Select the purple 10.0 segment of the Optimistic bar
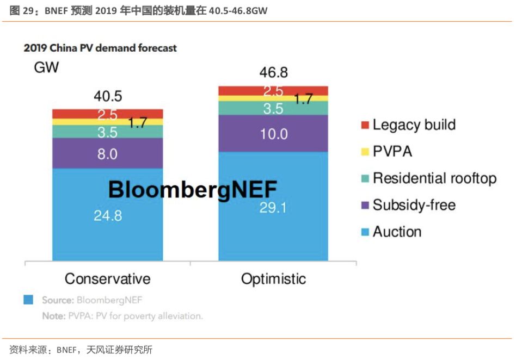tap(273, 133)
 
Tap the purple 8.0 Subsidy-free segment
tap(107, 153)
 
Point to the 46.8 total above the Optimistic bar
tap(273, 73)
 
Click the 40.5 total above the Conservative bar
tap(107, 97)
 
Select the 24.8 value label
tap(107, 215)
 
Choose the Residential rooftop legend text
tap(434, 178)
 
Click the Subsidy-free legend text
tap(414, 205)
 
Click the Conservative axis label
tap(107, 279)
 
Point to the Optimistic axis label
tap(273, 279)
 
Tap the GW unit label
tap(46, 68)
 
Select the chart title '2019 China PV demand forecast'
tap(100, 48)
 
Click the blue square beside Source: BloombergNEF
tap(28, 300)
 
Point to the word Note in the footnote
tap(53, 316)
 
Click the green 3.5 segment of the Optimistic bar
tap(273, 108)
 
